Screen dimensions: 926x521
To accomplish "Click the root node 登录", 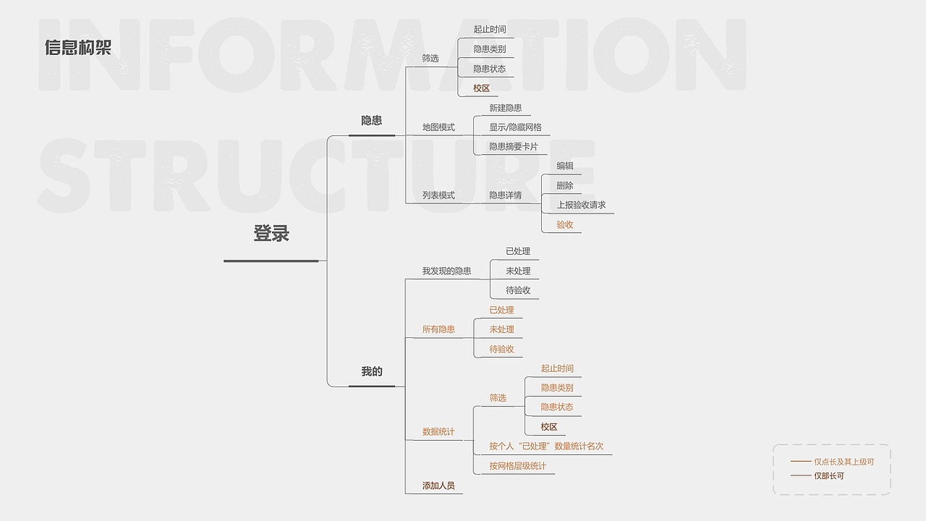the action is (x=271, y=233).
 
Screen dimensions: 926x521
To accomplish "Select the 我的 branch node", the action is (x=372, y=371).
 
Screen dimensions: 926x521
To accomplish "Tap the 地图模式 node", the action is (x=438, y=127).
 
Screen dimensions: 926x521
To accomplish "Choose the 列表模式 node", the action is (x=438, y=195).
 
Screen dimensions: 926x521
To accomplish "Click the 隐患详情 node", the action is (x=505, y=195).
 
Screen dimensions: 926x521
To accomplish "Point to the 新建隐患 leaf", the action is (x=505, y=108).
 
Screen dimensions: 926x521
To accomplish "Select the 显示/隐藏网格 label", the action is (x=515, y=127).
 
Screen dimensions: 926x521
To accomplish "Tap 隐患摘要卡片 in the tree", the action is (x=514, y=146).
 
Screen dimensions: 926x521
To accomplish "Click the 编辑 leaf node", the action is (x=565, y=166).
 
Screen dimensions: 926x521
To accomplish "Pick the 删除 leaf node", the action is (x=565, y=186).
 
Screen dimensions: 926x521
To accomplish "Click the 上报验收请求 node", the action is (x=581, y=205).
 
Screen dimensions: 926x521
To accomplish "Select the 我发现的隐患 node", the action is (x=446, y=271).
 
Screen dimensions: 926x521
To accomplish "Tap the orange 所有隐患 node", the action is (x=438, y=329).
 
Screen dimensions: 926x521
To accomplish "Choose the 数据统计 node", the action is (x=438, y=432).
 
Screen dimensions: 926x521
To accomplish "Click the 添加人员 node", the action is (x=438, y=486).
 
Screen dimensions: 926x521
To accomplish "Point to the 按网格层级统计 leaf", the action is (x=517, y=466).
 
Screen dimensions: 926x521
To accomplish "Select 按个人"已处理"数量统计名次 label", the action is (x=546, y=446).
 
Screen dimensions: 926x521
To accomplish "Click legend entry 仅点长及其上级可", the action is (x=844, y=462).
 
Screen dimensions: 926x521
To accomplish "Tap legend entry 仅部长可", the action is (x=829, y=476).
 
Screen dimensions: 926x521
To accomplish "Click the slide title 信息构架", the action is (x=78, y=48).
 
